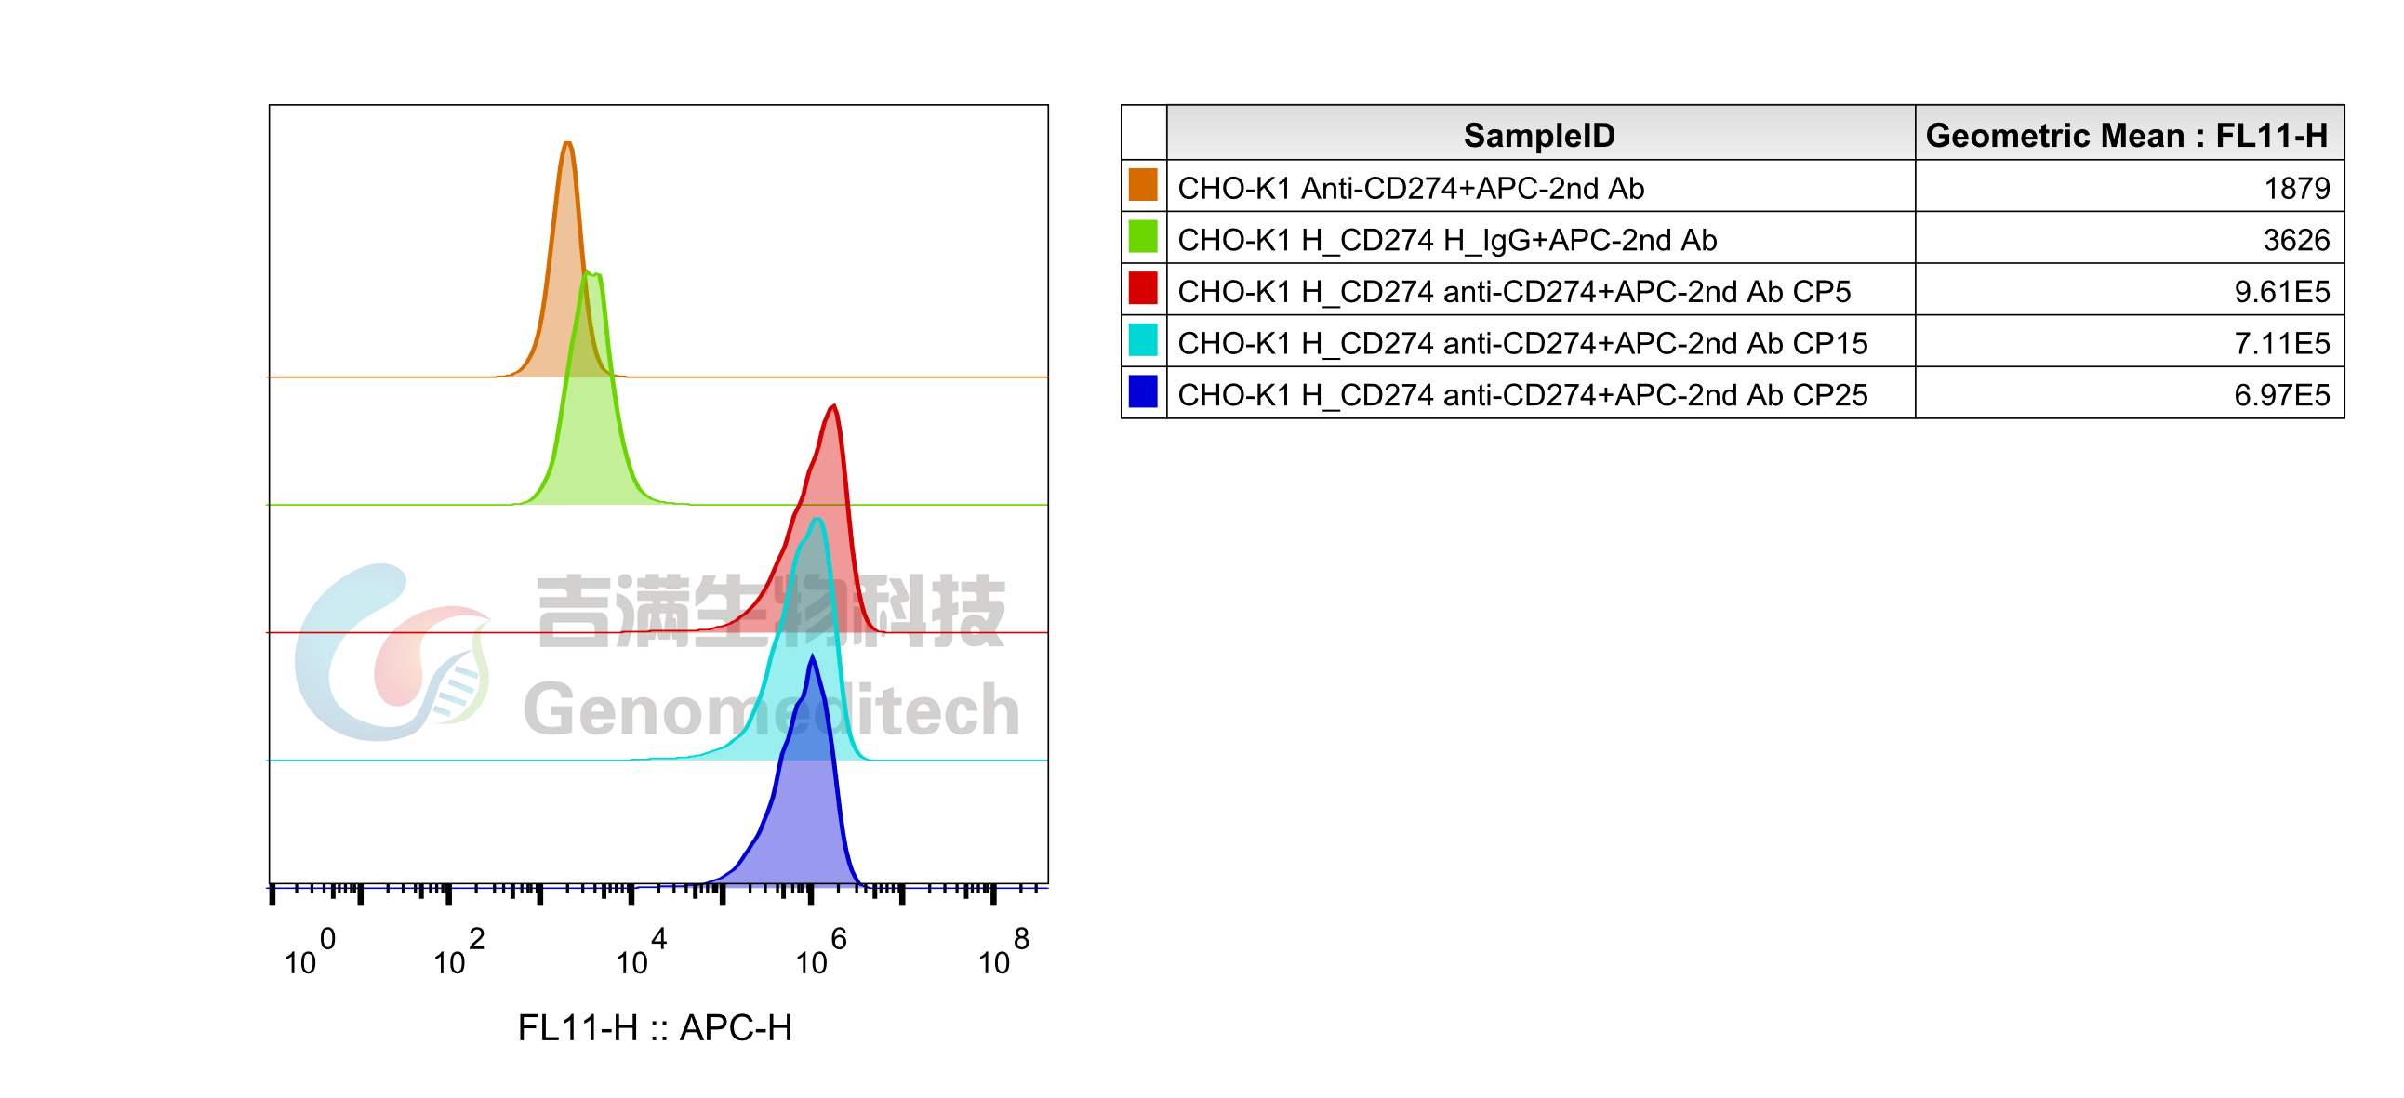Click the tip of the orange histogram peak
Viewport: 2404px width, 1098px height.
coord(567,143)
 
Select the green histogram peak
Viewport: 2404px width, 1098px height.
coord(591,273)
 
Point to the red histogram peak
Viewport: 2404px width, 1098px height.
coord(833,405)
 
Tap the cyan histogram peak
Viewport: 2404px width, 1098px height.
coord(817,520)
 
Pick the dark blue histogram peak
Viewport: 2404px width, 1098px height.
coord(813,656)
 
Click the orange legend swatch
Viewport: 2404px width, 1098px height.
coord(1142,184)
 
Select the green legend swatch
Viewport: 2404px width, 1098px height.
coord(1142,236)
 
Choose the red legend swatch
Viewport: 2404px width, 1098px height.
coord(1142,288)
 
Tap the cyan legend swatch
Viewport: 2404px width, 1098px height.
coord(1142,339)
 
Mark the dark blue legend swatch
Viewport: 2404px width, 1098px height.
coord(1142,391)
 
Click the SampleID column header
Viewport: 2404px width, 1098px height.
coord(1539,135)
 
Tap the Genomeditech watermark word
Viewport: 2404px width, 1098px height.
coord(771,710)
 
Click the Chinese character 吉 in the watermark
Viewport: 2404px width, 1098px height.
coord(572,611)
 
